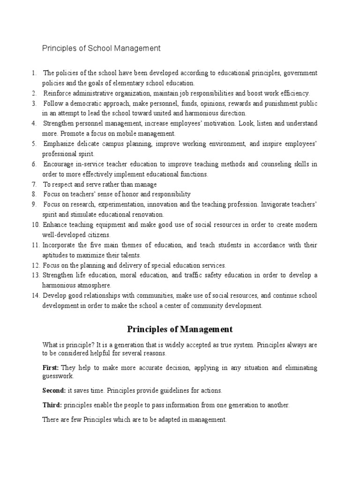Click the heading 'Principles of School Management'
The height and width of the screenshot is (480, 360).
pos(101,48)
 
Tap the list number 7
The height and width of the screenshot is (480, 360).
pos(34,184)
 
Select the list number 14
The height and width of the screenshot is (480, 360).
pos(36,296)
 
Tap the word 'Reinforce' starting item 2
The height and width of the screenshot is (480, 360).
pos(59,93)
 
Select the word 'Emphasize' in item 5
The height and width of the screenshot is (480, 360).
pos(60,144)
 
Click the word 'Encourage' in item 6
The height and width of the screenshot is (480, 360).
pos(60,164)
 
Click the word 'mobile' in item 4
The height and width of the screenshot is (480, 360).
pos(124,134)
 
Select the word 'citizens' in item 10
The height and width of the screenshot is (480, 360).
pos(98,235)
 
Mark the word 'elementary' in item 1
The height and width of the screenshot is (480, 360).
pos(130,83)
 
